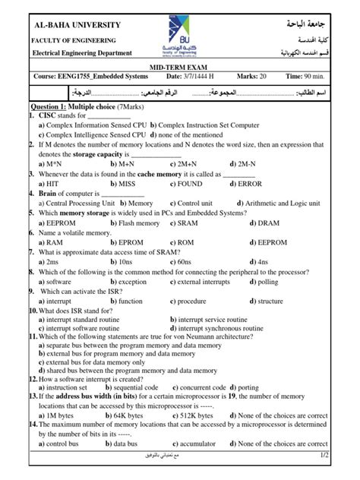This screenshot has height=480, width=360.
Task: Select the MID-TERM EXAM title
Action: [180, 68]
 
